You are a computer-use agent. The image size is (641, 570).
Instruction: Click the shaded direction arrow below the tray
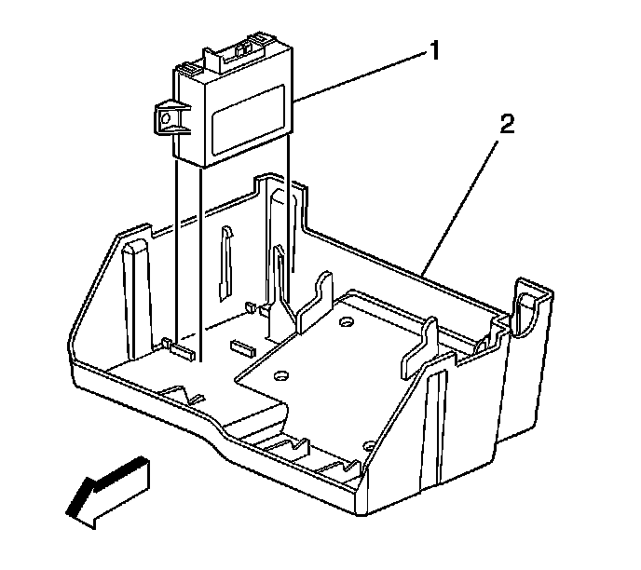tap(107, 489)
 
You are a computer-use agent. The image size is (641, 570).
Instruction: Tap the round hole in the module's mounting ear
tap(166, 117)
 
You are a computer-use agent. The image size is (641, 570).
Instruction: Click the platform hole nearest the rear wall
tap(347, 323)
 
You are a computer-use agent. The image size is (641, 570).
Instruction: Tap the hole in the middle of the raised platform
tap(279, 376)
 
